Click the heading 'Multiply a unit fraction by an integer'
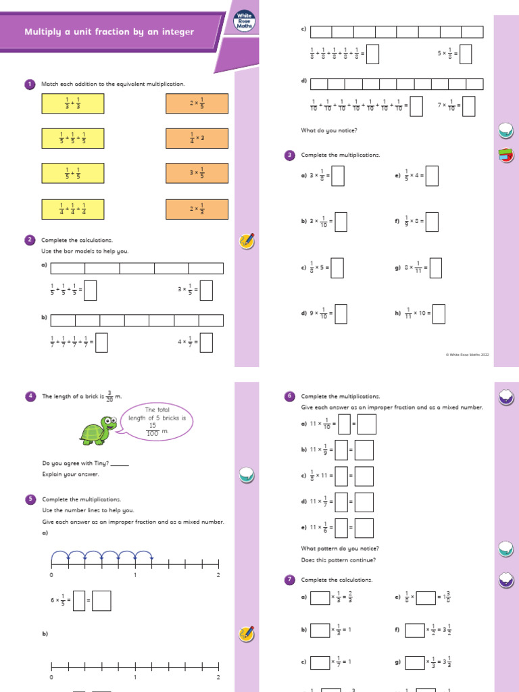(x=109, y=32)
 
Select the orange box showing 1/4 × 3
(x=197, y=139)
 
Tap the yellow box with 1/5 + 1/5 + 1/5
(x=72, y=139)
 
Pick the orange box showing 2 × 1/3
(x=197, y=209)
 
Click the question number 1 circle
(x=30, y=84)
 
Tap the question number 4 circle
(x=30, y=396)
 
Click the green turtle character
(x=98, y=430)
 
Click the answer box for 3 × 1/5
(x=206, y=290)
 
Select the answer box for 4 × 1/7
(x=206, y=342)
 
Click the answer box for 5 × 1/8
(x=465, y=53)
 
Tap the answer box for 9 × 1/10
(x=341, y=314)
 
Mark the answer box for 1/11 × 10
(x=439, y=314)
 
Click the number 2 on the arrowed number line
(x=218, y=575)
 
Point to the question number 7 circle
(x=289, y=579)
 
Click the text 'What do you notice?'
(x=329, y=130)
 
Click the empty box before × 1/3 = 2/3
(x=320, y=598)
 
